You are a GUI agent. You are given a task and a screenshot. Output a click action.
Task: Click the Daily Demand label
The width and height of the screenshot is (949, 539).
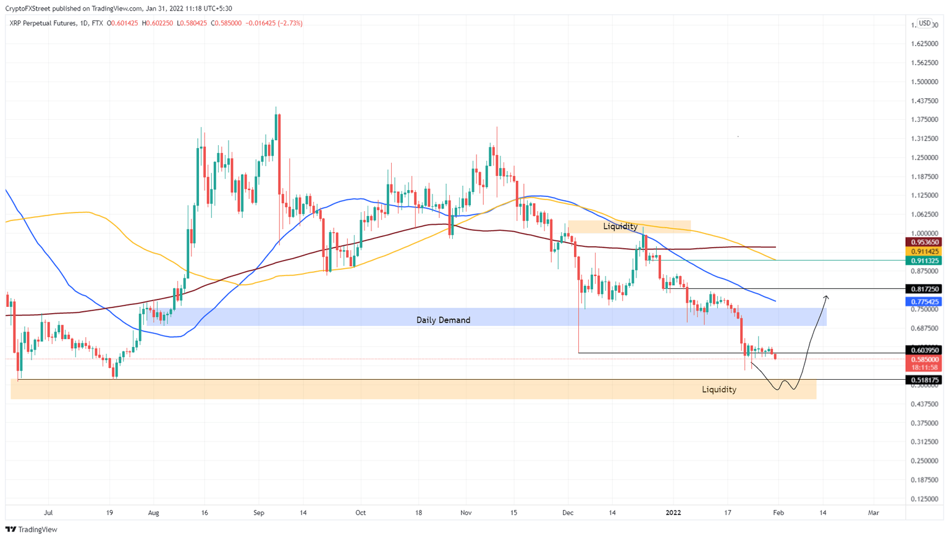pos(443,320)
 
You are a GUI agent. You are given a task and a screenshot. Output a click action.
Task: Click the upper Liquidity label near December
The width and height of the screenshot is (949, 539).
pos(620,227)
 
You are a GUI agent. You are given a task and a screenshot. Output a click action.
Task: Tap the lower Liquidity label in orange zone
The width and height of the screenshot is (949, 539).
pos(719,390)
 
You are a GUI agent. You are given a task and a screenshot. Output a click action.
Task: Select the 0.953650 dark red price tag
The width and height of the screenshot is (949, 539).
pos(924,242)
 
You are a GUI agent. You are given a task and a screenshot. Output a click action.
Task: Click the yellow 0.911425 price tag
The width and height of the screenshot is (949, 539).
pos(924,251)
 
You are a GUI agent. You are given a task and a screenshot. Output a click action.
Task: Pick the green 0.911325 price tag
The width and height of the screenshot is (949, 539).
pos(924,261)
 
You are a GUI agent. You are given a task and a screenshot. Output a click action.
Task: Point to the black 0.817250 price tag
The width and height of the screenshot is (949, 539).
pos(924,289)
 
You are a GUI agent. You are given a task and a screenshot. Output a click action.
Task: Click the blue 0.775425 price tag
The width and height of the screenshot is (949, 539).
pos(924,302)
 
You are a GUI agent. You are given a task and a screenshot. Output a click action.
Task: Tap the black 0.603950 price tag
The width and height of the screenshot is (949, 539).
pos(924,350)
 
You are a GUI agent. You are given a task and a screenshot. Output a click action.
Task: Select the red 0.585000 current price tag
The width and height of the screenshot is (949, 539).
pos(924,359)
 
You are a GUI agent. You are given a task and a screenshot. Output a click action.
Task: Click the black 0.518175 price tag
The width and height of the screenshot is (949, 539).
pos(924,380)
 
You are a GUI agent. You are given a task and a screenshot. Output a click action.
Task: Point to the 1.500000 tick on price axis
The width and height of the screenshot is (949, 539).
pos(925,82)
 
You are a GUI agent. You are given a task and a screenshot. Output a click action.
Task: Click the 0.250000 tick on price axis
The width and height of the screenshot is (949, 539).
pos(925,461)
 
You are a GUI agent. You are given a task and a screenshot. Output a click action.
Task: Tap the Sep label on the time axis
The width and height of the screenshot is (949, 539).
pos(259,512)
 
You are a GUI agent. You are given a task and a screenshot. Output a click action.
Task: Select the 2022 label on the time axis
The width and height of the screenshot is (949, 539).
pos(673,512)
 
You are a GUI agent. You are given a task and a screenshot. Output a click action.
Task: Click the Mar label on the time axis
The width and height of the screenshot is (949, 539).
pos(874,512)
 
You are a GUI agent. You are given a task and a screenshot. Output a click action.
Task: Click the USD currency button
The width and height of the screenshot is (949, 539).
pos(924,23)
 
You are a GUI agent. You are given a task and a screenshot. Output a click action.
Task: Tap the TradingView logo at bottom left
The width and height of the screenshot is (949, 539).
pos(32,529)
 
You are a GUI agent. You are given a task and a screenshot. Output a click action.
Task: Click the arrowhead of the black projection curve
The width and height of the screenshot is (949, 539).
pos(826,298)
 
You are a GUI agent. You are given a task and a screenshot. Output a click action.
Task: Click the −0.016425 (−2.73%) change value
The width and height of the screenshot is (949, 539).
pos(274,23)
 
